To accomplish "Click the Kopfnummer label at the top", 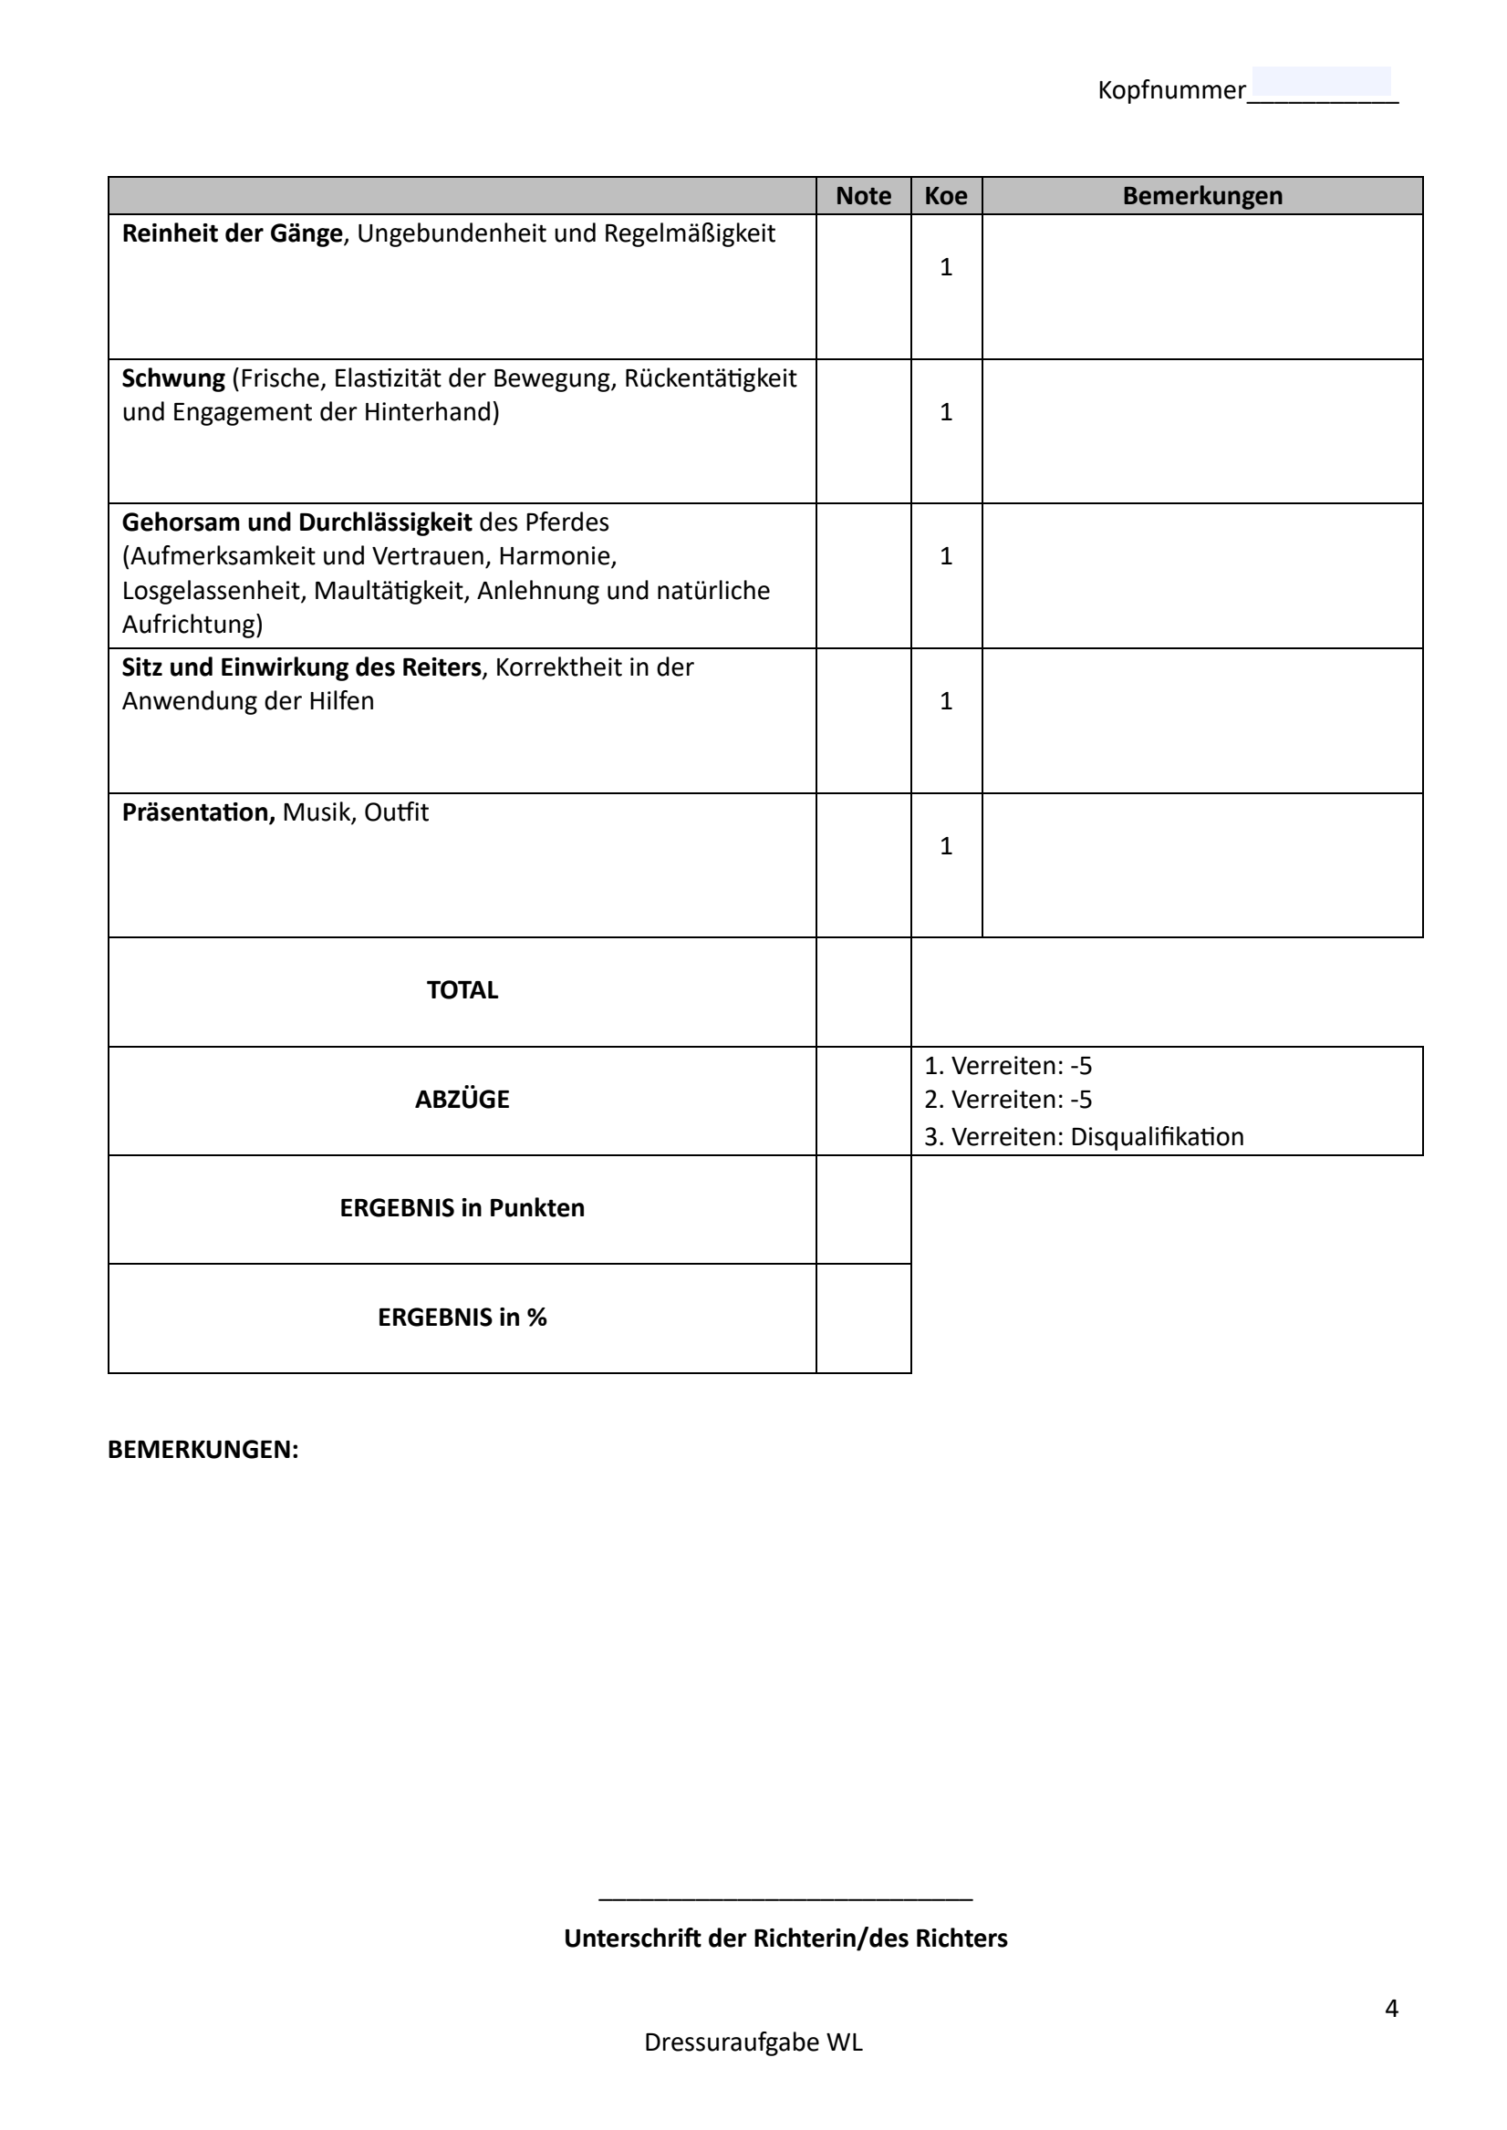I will tap(1171, 91).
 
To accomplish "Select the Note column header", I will tap(863, 196).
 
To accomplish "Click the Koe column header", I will tap(946, 196).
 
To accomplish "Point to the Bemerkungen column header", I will tap(1201, 196).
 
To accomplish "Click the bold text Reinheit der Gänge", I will tap(232, 233).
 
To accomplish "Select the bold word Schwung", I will tap(173, 378).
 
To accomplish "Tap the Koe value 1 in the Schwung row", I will tap(946, 412).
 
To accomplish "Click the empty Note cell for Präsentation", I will tap(863, 864).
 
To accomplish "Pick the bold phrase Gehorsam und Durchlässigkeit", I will tap(297, 523).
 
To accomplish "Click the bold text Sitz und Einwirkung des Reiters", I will tap(302, 668).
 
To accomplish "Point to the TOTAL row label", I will tap(462, 991).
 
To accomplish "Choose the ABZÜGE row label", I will tap(462, 1101).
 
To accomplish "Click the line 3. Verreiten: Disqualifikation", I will tap(1084, 1137).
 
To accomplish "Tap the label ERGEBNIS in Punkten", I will tap(462, 1209).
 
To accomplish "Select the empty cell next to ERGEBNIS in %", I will tap(863, 1318).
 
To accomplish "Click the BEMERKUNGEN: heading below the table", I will tap(203, 1450).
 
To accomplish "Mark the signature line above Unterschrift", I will tap(785, 1897).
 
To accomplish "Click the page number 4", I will tap(1391, 2009).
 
